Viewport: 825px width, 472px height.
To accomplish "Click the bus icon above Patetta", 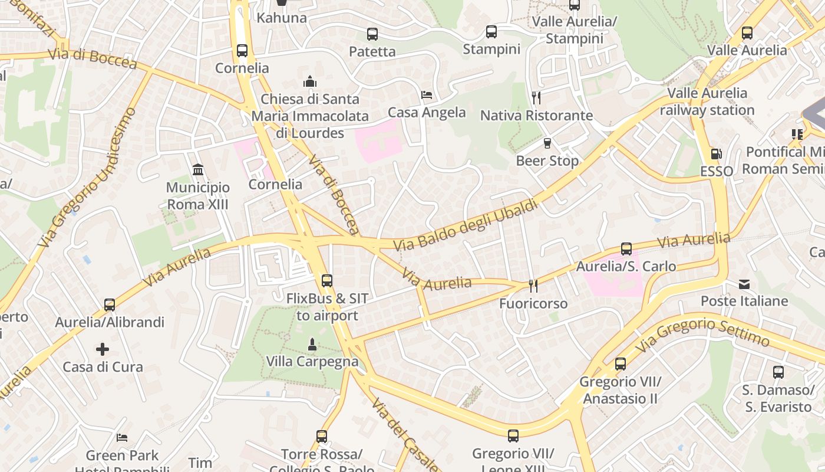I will coord(372,34).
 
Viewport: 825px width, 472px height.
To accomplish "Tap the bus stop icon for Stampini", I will coord(491,32).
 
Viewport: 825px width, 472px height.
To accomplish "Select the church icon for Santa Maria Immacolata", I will coord(310,81).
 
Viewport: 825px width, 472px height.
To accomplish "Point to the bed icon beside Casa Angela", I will coord(427,95).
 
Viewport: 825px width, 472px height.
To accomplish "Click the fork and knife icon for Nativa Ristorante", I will coord(536,97).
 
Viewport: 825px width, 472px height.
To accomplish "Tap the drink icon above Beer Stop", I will coord(547,143).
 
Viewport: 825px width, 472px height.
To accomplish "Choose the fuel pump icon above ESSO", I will coord(716,154).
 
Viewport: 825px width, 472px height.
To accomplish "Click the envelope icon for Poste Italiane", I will coord(744,284).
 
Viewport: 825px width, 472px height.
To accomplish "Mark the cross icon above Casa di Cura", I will coord(103,349).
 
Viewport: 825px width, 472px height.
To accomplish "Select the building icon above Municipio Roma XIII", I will coord(198,170).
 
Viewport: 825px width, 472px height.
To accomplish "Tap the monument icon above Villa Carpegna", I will coord(312,344).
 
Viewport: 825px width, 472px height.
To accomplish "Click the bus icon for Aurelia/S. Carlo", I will coord(626,249).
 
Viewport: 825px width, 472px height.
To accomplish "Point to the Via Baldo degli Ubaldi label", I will coord(466,225).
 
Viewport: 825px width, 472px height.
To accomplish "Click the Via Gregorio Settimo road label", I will coord(702,333).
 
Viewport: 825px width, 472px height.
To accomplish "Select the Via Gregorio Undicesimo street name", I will coord(87,177).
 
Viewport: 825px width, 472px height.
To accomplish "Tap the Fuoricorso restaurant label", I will coord(533,303).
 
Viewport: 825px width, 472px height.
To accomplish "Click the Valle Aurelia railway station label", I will coord(707,101).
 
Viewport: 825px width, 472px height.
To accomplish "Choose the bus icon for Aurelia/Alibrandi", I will coord(110,305).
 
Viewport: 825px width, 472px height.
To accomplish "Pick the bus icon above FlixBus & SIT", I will coord(327,281).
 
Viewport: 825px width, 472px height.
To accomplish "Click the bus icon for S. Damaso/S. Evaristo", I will coord(778,372).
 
